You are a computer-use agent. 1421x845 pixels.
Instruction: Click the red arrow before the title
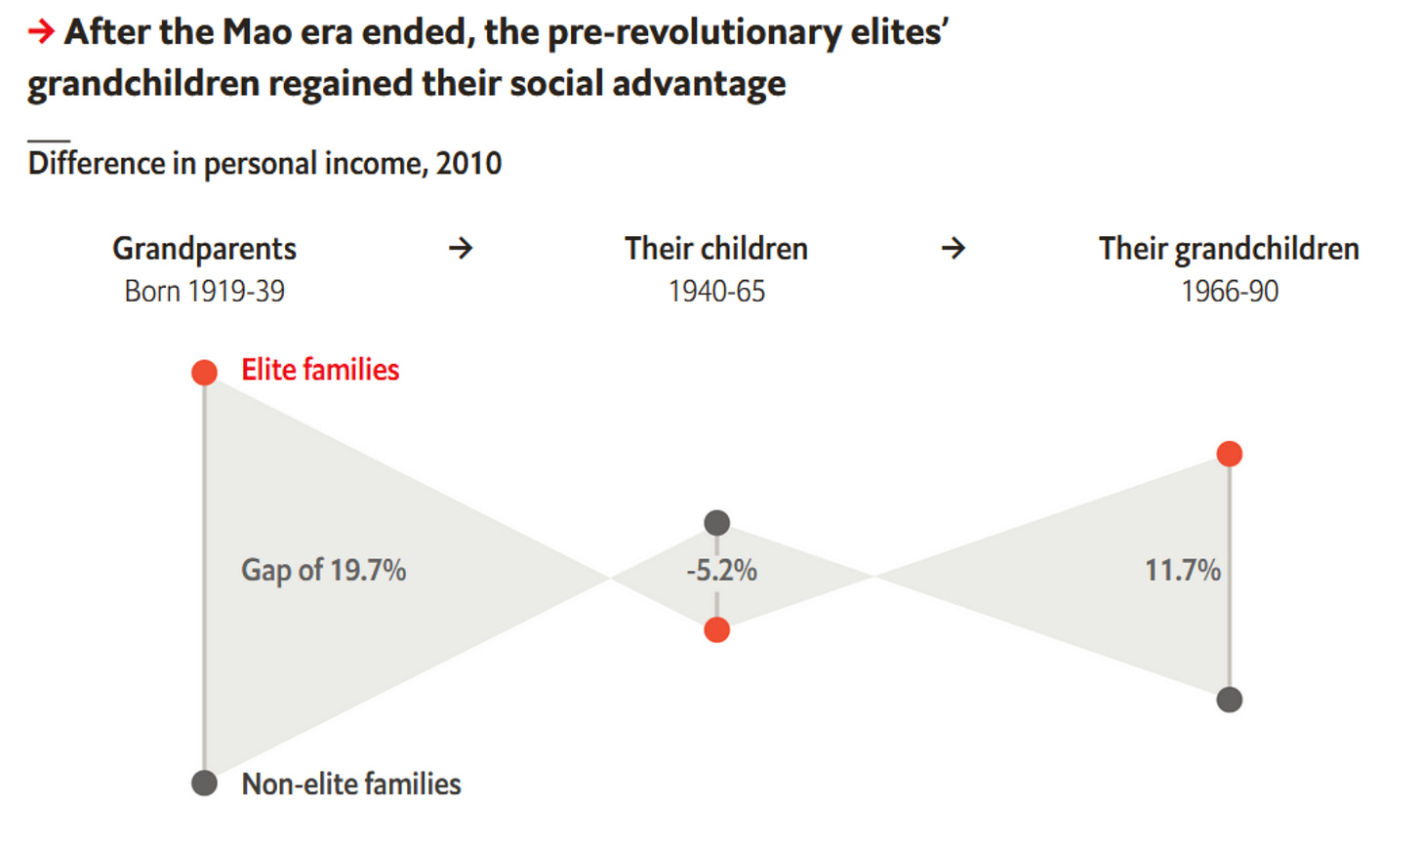pos(40,32)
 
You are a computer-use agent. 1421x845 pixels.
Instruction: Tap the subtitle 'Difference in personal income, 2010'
pos(264,163)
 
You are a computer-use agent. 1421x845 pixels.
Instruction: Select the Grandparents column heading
pos(204,249)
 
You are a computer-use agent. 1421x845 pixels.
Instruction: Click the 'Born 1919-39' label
pos(204,291)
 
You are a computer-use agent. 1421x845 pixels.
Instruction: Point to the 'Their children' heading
pos(716,249)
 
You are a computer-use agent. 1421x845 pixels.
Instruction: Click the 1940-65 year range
pos(716,291)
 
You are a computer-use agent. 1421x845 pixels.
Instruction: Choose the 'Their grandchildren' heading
pos(1229,249)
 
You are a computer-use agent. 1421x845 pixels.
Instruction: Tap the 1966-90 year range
pos(1229,291)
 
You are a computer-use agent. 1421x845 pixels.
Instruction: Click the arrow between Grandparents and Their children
pos(461,249)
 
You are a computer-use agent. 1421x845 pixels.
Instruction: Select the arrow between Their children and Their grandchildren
pos(954,249)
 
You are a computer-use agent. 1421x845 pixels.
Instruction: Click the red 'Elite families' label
pos(320,370)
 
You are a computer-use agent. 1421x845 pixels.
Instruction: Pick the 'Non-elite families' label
pos(351,784)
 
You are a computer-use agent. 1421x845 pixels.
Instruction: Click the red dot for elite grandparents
pos(204,372)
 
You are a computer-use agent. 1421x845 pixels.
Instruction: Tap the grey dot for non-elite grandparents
pos(204,783)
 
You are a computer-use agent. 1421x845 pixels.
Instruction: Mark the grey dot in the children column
pos(716,523)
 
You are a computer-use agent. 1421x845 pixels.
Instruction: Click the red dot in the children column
pos(716,630)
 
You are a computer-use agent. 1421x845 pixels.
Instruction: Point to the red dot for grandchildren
pos(1230,454)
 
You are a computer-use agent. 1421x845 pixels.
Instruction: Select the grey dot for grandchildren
pos(1230,700)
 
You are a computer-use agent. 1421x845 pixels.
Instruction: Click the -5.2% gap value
pos(721,570)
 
